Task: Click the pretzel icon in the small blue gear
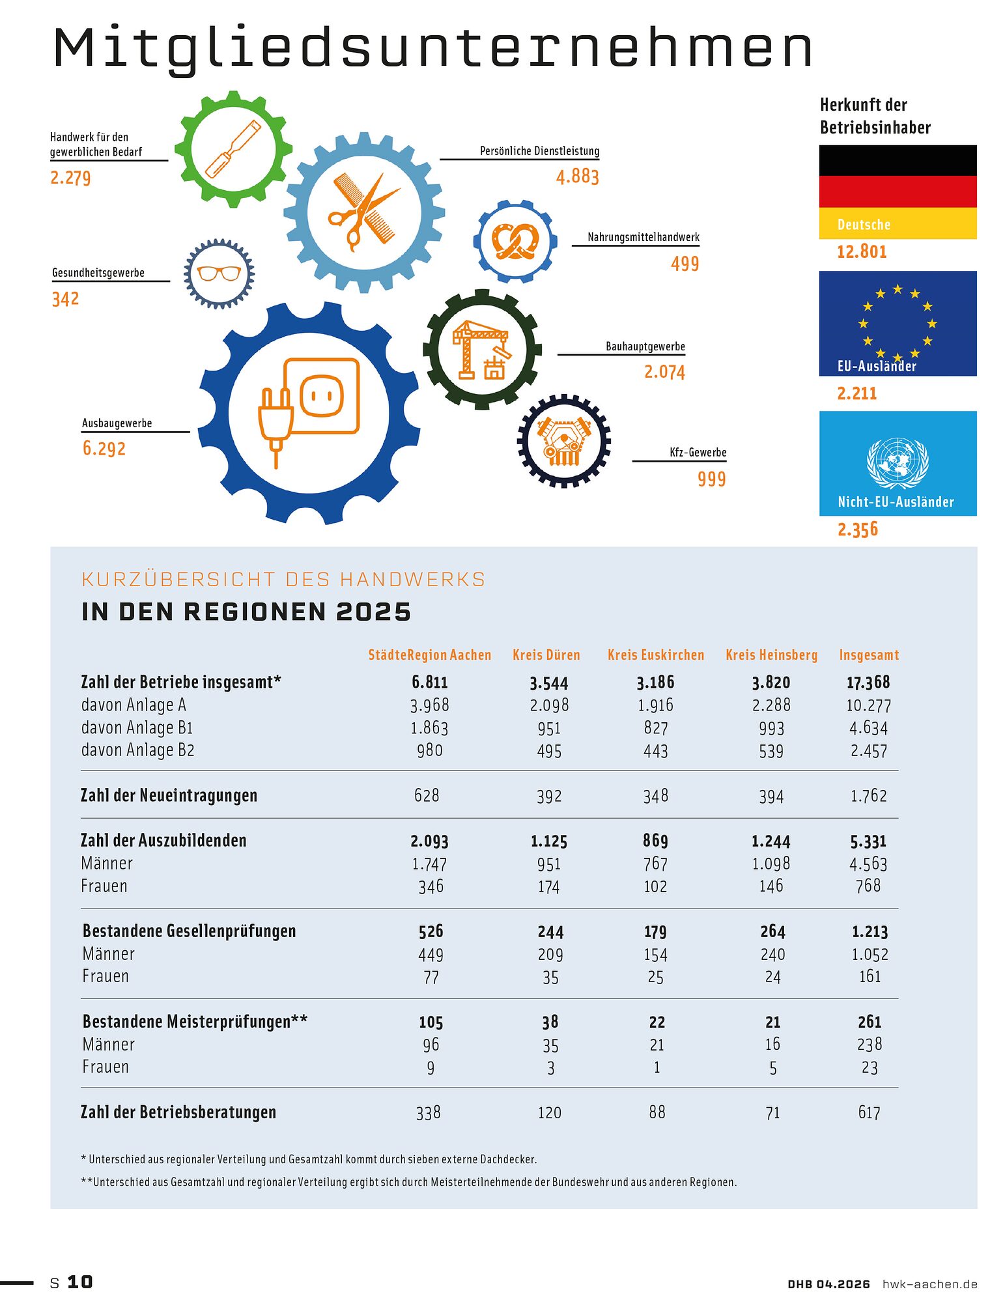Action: [515, 242]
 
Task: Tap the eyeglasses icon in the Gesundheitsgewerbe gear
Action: [219, 273]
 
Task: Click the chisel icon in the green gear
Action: [233, 149]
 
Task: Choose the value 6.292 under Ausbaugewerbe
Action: [104, 448]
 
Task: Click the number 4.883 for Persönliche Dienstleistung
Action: [577, 176]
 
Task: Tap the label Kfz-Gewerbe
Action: [698, 452]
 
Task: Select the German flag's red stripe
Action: [898, 191]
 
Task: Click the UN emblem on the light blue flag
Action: [898, 462]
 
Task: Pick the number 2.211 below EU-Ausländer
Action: [856, 393]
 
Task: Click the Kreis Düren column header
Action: [546, 655]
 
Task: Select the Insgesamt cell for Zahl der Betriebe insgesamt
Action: [868, 682]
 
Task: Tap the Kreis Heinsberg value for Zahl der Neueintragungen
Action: [771, 796]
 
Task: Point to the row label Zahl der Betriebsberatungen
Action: [178, 1112]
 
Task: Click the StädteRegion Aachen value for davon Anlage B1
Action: [429, 727]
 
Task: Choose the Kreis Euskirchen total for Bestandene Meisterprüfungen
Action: [657, 1022]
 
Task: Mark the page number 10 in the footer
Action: [79, 1282]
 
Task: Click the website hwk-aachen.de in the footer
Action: [929, 1284]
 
